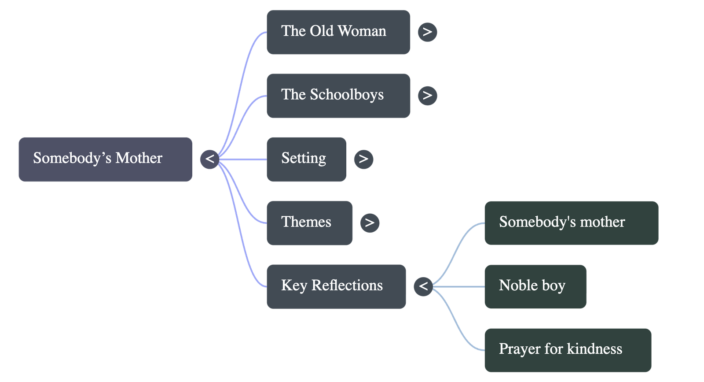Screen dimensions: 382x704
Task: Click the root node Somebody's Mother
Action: pos(105,159)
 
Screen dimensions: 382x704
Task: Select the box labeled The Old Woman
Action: pos(338,32)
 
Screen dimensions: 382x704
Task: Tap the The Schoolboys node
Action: pos(338,96)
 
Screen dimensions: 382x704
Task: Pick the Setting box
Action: pos(306,159)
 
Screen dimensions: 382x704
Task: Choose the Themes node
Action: pos(309,223)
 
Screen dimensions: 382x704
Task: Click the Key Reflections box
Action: pos(336,286)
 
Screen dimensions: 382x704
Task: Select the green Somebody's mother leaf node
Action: pos(571,223)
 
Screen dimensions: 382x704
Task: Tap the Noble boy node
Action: pos(535,286)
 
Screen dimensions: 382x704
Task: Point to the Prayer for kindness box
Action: pos(568,350)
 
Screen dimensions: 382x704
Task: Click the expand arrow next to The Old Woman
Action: pos(427,32)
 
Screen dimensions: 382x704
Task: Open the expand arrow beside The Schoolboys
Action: pos(427,95)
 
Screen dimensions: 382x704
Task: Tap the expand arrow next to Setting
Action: pos(363,159)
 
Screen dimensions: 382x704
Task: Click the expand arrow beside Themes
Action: pos(370,223)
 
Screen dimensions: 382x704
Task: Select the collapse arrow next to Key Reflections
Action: pos(423,286)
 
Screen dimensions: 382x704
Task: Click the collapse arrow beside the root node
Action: pos(209,159)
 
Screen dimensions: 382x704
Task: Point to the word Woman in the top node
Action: pos(362,31)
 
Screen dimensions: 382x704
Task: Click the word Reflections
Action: pos(347,286)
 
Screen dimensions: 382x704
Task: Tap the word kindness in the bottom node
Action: pos(594,349)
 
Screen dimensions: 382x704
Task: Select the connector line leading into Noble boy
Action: pos(460,287)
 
